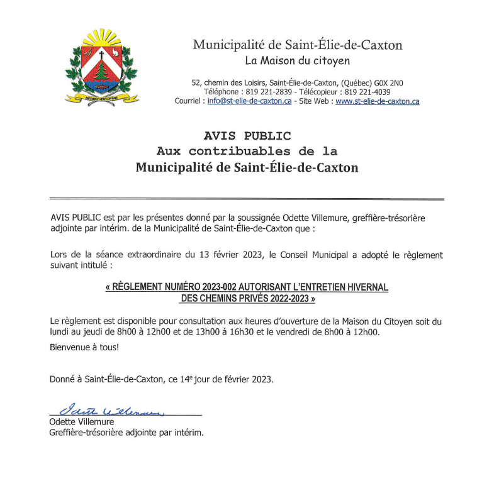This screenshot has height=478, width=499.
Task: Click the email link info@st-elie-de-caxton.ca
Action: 249,101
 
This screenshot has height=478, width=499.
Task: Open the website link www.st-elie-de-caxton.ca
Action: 378,101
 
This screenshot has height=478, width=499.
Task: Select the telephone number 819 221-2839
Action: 264,92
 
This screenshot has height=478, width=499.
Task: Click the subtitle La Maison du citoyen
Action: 297,61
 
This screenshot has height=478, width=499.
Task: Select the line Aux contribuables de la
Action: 247,152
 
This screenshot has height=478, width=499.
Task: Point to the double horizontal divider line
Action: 247,199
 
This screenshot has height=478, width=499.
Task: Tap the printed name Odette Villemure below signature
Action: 82,422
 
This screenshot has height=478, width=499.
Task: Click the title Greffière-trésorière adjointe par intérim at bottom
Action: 126,433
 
